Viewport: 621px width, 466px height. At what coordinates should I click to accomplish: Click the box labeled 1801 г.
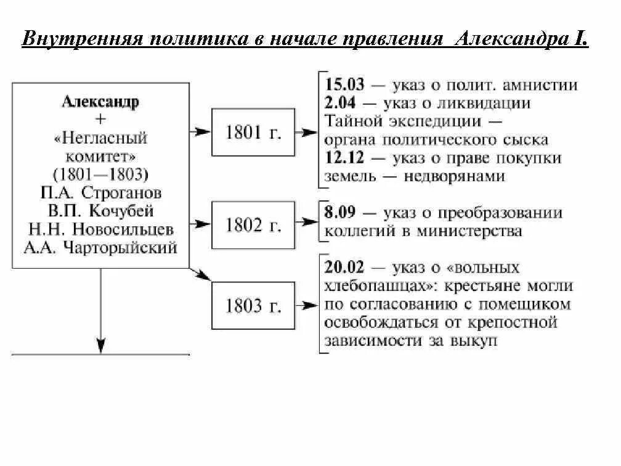[x=253, y=133]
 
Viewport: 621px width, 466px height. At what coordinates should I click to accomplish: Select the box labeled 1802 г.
[x=253, y=225]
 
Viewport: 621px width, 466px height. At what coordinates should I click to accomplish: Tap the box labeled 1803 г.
[x=253, y=305]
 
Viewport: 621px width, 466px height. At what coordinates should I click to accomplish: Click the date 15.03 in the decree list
[x=345, y=85]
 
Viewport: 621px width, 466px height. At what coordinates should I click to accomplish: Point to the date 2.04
[x=340, y=103]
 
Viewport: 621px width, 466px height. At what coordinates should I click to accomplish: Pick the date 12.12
[x=345, y=158]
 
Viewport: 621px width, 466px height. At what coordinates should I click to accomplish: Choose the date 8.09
[x=340, y=213]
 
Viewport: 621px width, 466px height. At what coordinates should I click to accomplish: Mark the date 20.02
[x=345, y=268]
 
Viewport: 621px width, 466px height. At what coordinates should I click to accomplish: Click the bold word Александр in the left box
[x=100, y=102]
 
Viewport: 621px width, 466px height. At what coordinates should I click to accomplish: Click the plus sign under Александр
[x=101, y=120]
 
